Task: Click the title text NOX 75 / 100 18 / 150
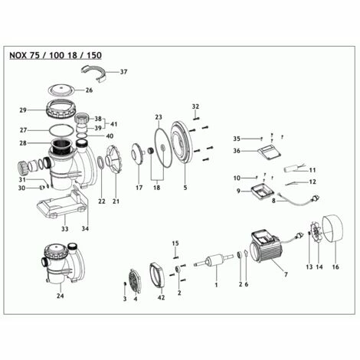(54, 55)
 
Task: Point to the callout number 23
(159, 117)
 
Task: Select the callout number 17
(139, 187)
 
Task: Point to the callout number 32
(195, 106)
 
